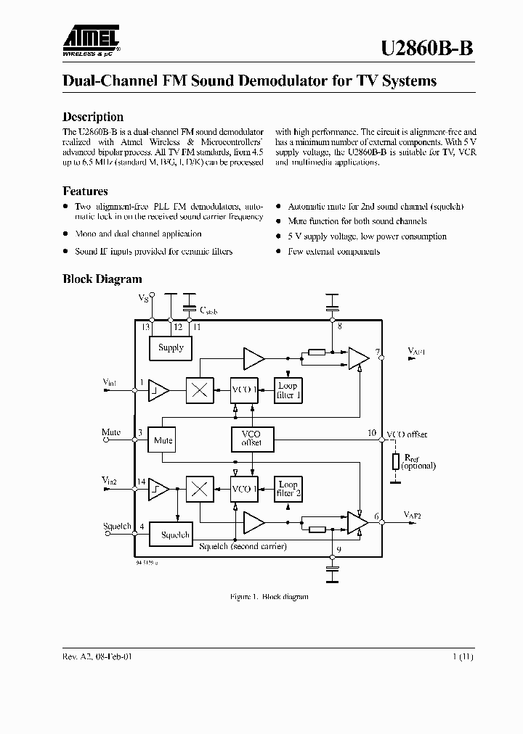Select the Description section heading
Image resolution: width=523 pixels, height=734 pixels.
93,117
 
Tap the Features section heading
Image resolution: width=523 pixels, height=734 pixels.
85,191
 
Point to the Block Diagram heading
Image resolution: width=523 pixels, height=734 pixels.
102,279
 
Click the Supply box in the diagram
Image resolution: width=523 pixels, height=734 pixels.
171,348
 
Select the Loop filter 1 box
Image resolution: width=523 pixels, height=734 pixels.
288,390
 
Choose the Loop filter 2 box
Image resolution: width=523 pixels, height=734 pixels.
288,489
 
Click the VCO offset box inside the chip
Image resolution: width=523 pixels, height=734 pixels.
251,439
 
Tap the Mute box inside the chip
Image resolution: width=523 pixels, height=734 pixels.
163,440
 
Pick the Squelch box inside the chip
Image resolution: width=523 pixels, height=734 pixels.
174,535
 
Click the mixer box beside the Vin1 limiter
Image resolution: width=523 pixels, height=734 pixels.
200,390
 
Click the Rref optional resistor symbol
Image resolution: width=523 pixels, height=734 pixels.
396,461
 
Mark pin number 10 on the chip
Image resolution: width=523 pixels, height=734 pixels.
372,433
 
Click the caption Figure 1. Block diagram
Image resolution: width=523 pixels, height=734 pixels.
269,596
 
